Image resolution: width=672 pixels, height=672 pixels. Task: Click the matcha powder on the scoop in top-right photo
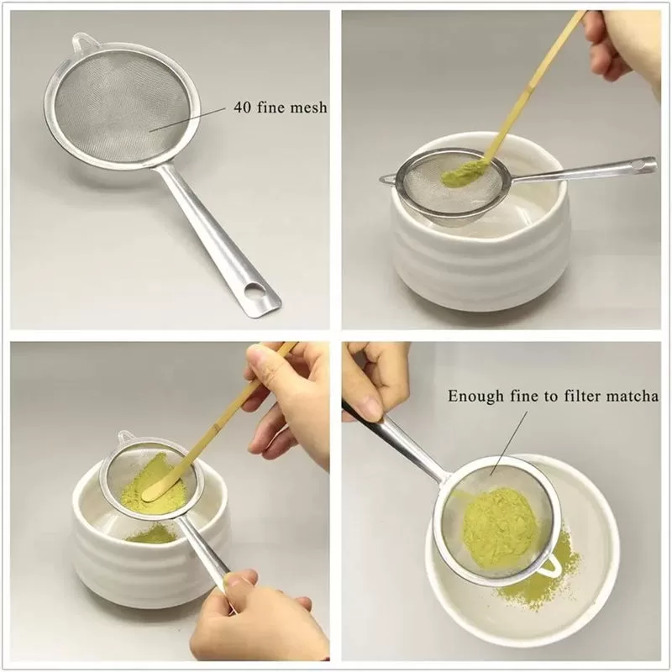[x=459, y=175]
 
